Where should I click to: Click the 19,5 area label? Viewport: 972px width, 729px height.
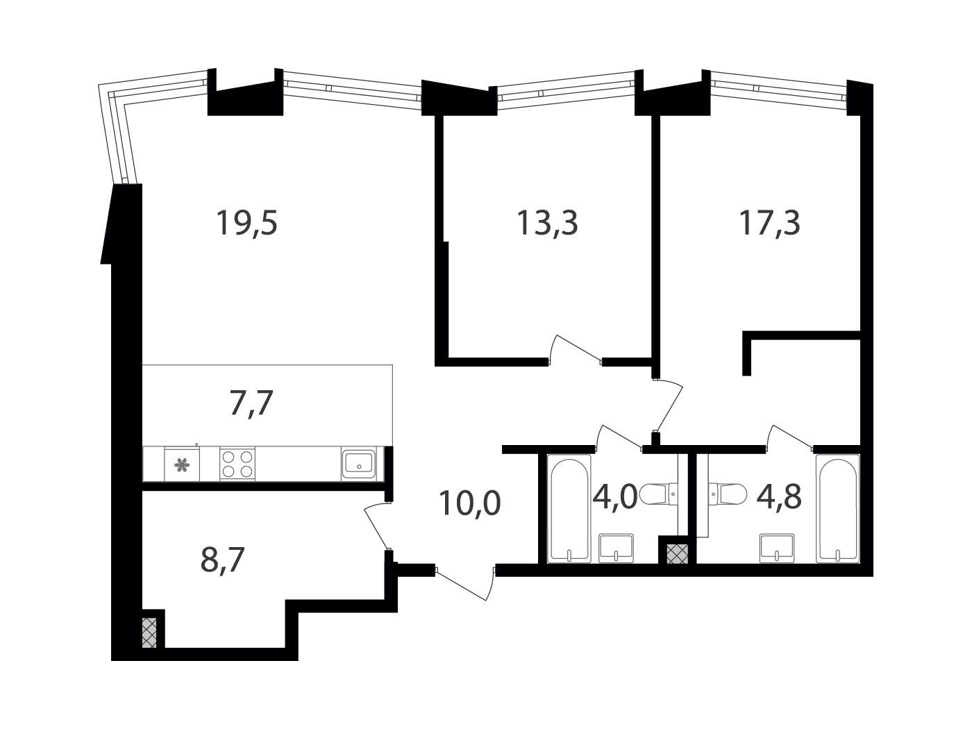[x=246, y=223]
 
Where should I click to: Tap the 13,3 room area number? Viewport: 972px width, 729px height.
[x=547, y=223]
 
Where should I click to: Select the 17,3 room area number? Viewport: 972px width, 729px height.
[x=770, y=223]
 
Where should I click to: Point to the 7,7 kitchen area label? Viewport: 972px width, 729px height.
[x=251, y=403]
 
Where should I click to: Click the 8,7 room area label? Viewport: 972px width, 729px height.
[x=222, y=559]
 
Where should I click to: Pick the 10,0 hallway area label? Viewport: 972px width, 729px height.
[x=470, y=504]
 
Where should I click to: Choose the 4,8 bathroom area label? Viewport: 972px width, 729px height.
[x=779, y=496]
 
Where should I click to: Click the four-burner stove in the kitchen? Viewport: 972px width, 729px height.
[x=237, y=464]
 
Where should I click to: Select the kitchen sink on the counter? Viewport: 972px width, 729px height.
[x=359, y=463]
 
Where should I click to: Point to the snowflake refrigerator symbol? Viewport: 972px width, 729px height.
[x=182, y=464]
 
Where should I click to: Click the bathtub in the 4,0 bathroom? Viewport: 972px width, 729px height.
[x=569, y=510]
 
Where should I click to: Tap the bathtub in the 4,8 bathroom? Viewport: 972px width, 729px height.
[x=838, y=510]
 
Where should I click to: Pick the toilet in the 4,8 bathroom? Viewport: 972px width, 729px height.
[x=727, y=494]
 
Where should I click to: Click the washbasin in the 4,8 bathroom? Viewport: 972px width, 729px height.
[x=777, y=548]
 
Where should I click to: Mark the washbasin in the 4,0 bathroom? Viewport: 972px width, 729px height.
[x=616, y=548]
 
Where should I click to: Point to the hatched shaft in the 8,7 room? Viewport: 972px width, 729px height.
[x=149, y=632]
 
